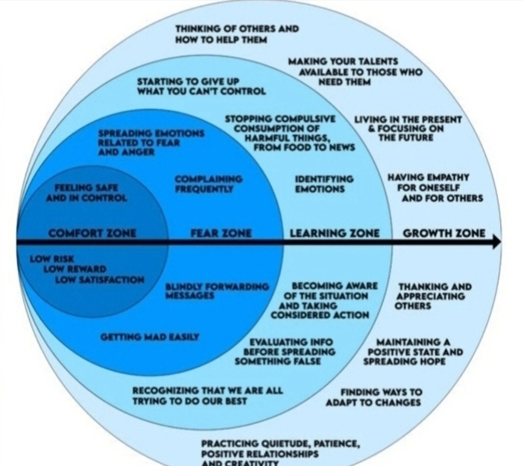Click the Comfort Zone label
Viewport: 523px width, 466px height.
tap(92, 233)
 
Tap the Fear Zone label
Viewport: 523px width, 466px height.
tap(221, 233)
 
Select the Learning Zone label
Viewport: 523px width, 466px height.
tap(335, 233)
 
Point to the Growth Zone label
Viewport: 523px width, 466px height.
tap(444, 233)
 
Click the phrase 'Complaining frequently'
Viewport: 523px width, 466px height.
tap(209, 184)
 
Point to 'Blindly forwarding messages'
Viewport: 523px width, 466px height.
tap(217, 291)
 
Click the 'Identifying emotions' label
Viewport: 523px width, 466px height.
tap(324, 184)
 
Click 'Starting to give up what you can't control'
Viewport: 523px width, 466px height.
tap(201, 86)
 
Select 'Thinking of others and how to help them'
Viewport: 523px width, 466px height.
tap(237, 34)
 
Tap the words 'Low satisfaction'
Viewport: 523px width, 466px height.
tap(99, 280)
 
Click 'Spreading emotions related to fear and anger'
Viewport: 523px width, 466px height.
tap(151, 142)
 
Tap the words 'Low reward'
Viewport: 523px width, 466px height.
tap(75, 269)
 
